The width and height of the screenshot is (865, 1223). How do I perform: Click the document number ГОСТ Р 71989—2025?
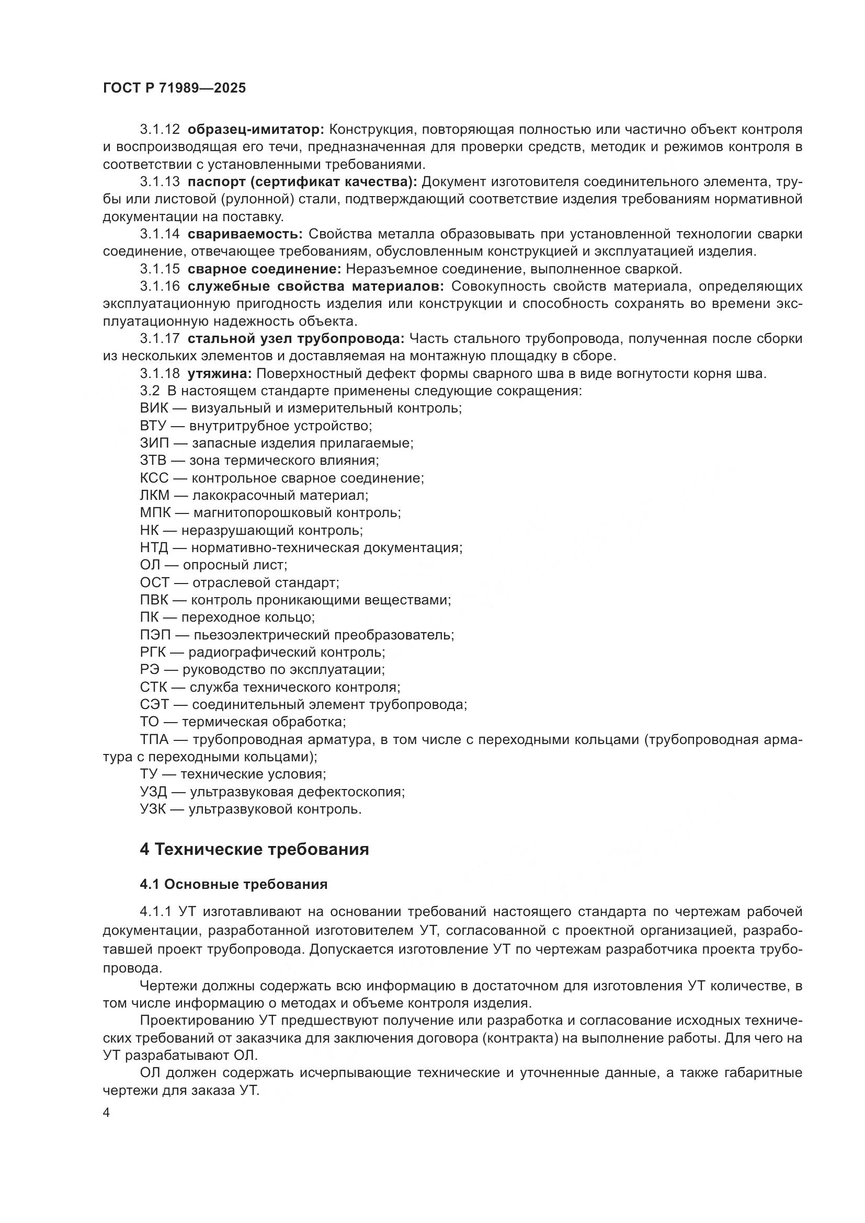click(x=175, y=88)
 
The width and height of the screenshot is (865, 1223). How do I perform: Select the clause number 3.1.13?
click(x=160, y=182)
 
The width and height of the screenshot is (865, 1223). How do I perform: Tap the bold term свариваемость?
click(x=245, y=234)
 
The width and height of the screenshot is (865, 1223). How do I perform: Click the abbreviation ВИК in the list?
click(x=154, y=408)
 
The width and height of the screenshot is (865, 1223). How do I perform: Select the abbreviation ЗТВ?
click(x=153, y=461)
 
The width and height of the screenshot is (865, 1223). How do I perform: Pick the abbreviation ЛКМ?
click(x=154, y=496)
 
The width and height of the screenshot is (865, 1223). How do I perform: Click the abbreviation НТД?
click(x=154, y=548)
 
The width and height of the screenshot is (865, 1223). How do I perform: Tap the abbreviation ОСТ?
click(x=154, y=582)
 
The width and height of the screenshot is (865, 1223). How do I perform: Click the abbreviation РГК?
click(x=153, y=653)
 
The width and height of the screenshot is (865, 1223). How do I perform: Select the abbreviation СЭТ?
click(x=154, y=705)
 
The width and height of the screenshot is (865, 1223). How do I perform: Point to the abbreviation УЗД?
click(x=153, y=792)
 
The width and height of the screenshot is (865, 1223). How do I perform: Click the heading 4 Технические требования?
click(x=254, y=849)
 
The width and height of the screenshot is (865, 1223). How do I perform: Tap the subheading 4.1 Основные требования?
click(x=233, y=885)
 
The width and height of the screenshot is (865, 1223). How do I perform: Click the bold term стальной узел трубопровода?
click(x=296, y=339)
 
